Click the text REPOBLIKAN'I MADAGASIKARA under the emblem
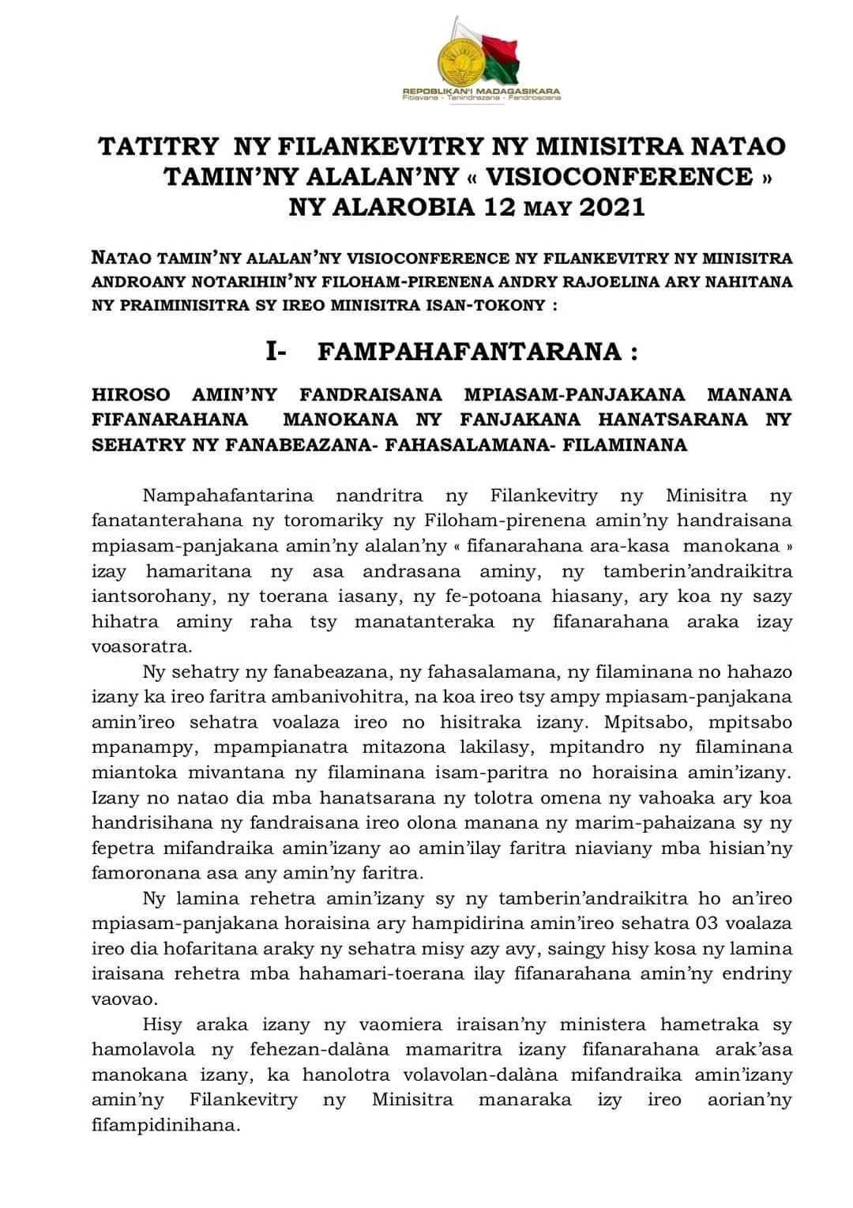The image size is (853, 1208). (x=481, y=92)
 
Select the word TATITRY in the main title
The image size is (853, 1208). (x=158, y=146)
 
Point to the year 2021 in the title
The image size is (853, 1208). (x=612, y=207)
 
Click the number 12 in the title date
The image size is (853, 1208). (x=500, y=207)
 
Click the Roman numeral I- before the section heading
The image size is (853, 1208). (x=276, y=352)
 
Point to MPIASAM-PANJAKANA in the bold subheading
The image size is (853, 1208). (x=574, y=394)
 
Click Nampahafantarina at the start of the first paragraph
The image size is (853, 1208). (x=228, y=495)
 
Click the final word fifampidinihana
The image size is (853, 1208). (x=166, y=1124)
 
